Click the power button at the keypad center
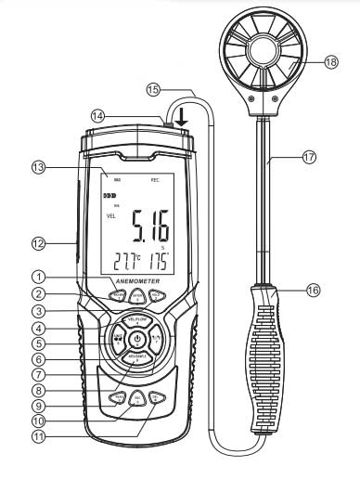pyautogui.click(x=135, y=340)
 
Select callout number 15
pyautogui.click(x=154, y=89)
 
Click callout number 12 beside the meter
pyautogui.click(x=38, y=243)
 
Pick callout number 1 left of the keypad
pyautogui.click(x=38, y=276)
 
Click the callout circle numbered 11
pyautogui.click(x=38, y=433)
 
